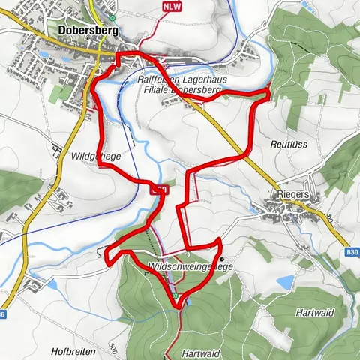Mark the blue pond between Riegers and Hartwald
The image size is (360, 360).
click(285, 282)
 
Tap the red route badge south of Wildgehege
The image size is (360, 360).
click(159, 190)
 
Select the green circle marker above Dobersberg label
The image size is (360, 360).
click(112, 17)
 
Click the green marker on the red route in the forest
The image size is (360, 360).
click(175, 296)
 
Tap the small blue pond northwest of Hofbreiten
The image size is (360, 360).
click(31, 280)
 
